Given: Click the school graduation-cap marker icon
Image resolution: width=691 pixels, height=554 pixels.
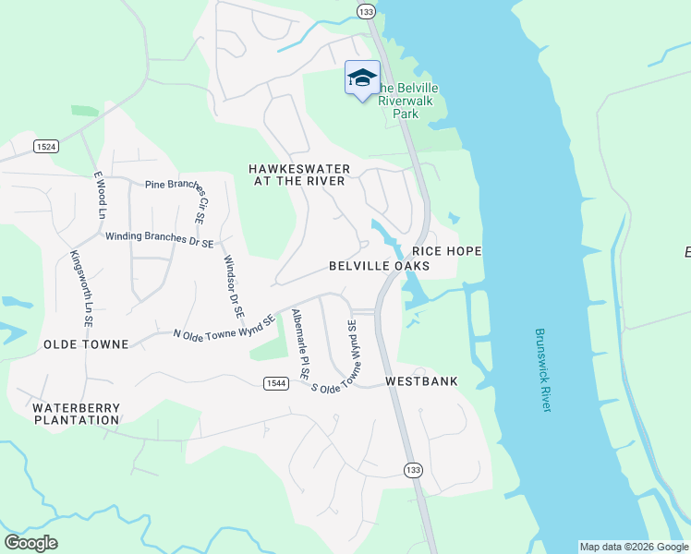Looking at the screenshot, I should (362, 78).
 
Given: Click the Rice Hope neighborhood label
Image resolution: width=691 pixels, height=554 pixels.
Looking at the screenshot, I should (447, 251).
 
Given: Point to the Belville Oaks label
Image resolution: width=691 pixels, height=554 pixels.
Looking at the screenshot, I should (380, 266).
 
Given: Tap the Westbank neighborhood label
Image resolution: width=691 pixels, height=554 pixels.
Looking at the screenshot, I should (421, 381).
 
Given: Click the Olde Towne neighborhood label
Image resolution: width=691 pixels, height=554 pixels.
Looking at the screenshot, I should (86, 344).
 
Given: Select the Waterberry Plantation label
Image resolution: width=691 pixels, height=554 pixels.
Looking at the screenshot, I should (76, 413).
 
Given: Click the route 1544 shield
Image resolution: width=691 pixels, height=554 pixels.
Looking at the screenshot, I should (274, 383).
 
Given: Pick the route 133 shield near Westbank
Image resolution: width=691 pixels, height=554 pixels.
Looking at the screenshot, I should (412, 470).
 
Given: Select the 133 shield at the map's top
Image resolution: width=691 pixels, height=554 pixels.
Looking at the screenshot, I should (366, 11).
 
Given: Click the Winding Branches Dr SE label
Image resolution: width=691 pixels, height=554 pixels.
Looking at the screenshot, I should (159, 237).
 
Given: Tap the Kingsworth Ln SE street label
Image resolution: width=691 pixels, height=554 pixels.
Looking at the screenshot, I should (80, 289).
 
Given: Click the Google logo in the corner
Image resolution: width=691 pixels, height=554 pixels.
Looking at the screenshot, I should (30, 543).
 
